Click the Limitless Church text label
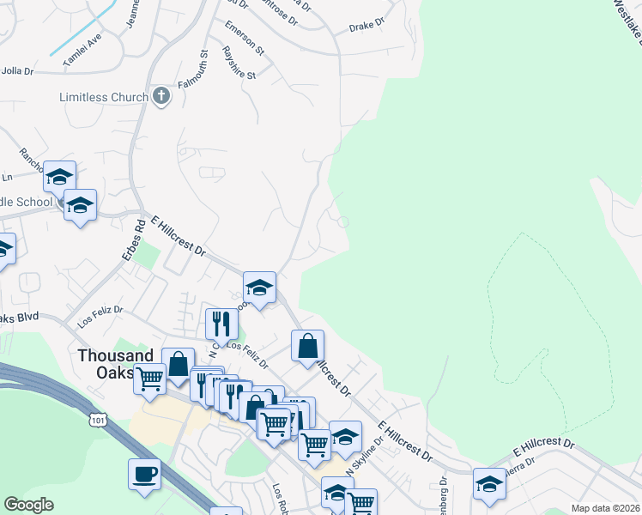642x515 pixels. click(x=104, y=97)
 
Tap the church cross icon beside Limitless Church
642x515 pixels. click(x=161, y=96)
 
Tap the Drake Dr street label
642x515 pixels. click(x=366, y=27)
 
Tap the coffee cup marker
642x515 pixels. click(x=144, y=475)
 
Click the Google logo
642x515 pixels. click(x=28, y=505)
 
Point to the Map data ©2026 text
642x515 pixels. click(x=605, y=508)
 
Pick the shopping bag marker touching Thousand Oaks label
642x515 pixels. click(x=178, y=363)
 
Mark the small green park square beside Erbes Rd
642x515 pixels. click(x=148, y=255)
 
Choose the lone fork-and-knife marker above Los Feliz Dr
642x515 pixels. click(x=221, y=323)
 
